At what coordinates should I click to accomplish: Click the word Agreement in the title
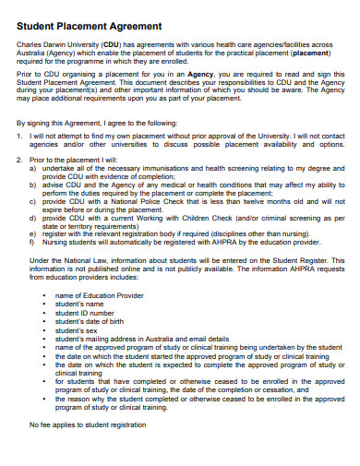coord(132,26)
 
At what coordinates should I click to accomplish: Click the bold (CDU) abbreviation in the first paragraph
coord(112,43)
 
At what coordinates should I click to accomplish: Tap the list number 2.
coord(20,161)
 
